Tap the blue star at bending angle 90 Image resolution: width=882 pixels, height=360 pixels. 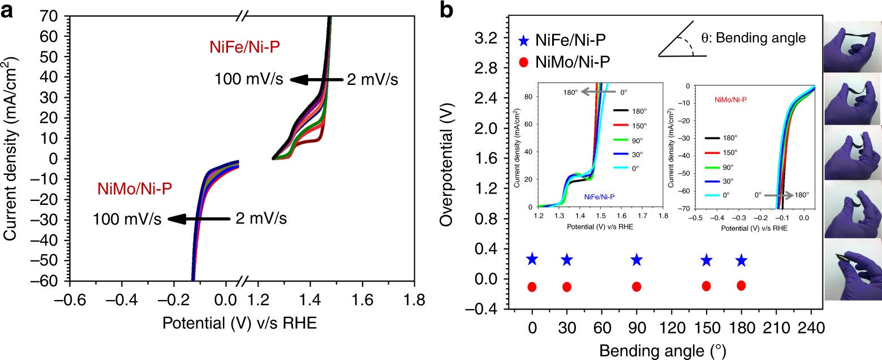tap(636, 260)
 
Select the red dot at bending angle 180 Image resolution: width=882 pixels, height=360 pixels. tap(741, 285)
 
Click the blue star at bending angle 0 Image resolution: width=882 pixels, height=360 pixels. tap(532, 259)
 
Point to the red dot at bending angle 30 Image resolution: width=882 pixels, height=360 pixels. tap(567, 286)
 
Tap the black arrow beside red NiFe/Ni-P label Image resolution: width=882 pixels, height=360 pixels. tap(317, 80)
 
